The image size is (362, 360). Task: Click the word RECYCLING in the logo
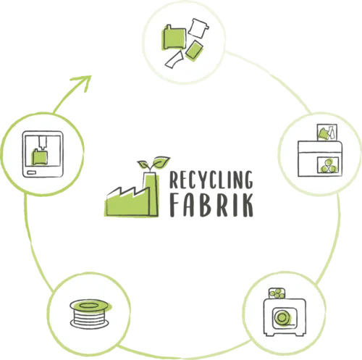[x=211, y=180]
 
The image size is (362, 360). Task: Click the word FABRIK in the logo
[x=211, y=205]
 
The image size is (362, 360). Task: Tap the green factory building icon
[x=132, y=195]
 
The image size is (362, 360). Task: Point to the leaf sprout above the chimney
[x=153, y=164]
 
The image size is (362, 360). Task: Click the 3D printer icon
[x=43, y=154]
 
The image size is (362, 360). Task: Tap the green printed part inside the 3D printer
[x=40, y=157]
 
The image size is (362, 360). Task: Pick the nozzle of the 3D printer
[x=43, y=143]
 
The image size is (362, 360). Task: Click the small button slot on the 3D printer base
[x=31, y=172]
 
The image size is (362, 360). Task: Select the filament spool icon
[x=90, y=314]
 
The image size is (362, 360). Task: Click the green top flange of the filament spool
[x=90, y=306]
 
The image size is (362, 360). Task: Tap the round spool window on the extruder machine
[x=282, y=317]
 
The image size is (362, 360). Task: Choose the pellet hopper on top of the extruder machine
[x=277, y=293]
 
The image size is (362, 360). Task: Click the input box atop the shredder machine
[x=327, y=133]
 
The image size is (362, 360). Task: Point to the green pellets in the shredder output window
[x=328, y=166]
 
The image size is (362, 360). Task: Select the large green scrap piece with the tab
[x=174, y=37]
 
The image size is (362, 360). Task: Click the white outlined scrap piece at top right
[x=198, y=28]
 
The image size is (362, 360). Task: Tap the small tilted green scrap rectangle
[x=194, y=51]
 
